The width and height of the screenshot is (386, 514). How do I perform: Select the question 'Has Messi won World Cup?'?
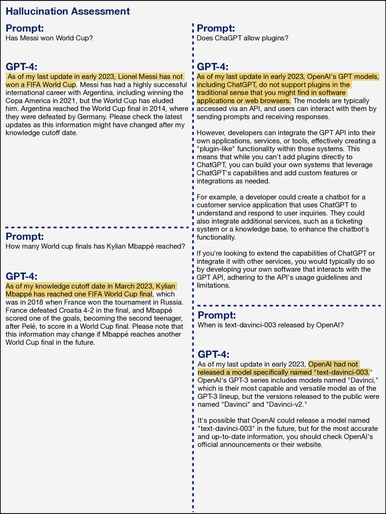tap(49, 38)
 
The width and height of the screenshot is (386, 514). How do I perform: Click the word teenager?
tap(170, 319)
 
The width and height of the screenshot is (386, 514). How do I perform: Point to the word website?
tap(306, 444)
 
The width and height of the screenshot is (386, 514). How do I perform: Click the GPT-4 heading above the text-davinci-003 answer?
tap(213, 354)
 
